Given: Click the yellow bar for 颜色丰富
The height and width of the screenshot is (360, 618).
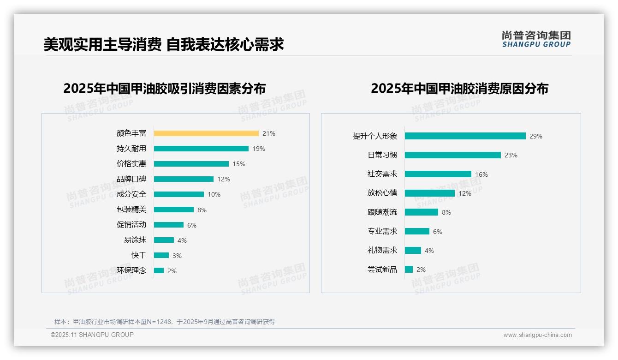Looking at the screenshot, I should tap(206, 133).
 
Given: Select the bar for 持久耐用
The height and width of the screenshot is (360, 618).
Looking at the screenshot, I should tap(201, 149).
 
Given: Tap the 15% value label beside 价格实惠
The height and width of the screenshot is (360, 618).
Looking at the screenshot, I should tap(239, 164).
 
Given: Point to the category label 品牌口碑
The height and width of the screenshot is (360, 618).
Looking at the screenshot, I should tap(131, 179).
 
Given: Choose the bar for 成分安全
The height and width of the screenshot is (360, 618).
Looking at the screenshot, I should tap(179, 194).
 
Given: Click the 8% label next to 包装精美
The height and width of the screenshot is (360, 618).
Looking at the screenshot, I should tap(202, 210).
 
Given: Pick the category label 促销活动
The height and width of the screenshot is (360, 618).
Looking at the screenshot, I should tap(131, 225).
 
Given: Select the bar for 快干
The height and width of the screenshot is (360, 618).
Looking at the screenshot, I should tap(161, 255).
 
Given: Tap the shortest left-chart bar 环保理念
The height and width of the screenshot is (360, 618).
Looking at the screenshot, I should tap(159, 270).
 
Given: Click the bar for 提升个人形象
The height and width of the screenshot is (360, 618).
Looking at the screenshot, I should tap(465, 136).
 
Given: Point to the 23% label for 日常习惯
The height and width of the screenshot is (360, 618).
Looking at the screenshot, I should tap(511, 156).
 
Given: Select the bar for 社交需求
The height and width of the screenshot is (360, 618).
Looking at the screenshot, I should tap(438, 174).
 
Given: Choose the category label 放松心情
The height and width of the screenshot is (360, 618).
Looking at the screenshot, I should tap(382, 193).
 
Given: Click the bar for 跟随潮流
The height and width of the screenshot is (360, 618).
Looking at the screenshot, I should tap(422, 212).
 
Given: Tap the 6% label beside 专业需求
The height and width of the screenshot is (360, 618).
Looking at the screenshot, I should tap(438, 232).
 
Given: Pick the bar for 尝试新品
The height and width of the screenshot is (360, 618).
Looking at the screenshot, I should tap(409, 269).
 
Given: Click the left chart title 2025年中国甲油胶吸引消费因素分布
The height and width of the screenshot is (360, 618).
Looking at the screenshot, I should tap(165, 89).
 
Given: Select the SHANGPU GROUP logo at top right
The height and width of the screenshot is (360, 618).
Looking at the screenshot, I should tap(536, 39).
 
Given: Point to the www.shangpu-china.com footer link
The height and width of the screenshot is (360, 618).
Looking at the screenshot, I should tap(537, 335).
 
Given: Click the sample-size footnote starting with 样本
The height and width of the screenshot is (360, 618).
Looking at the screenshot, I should tap(165, 322).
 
